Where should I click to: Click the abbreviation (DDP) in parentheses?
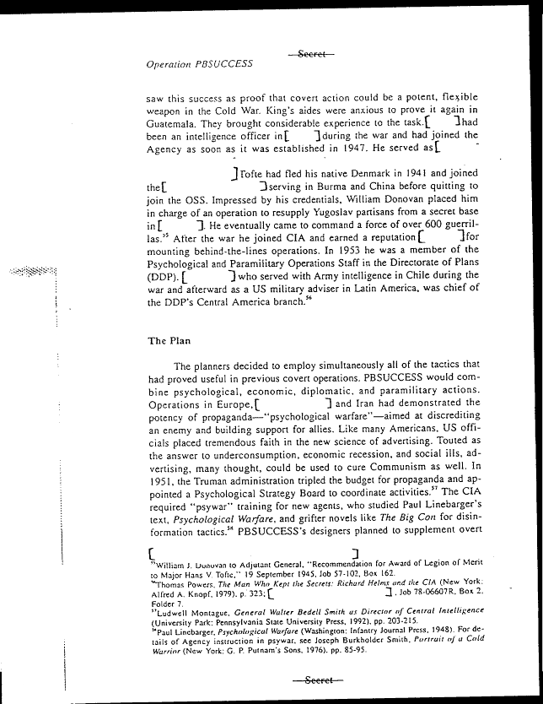click(161, 278)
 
